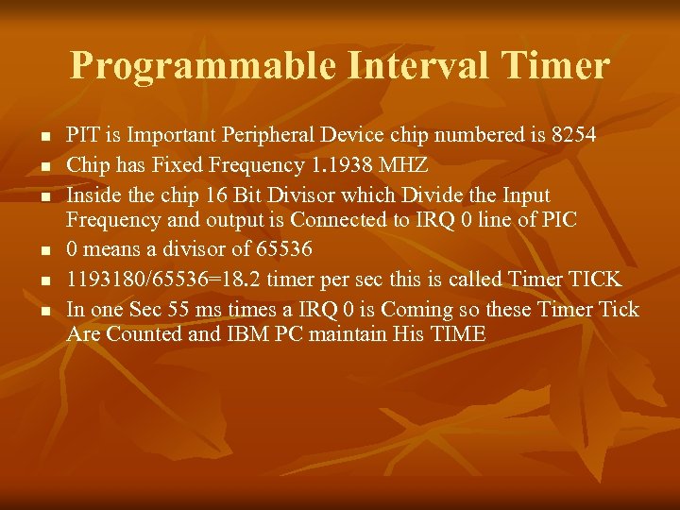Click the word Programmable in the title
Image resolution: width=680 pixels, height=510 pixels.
click(202, 66)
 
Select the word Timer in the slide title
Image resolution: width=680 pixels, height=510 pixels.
click(557, 66)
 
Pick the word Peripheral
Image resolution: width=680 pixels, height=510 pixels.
click(287, 135)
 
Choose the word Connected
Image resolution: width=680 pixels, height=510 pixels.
click(337, 220)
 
